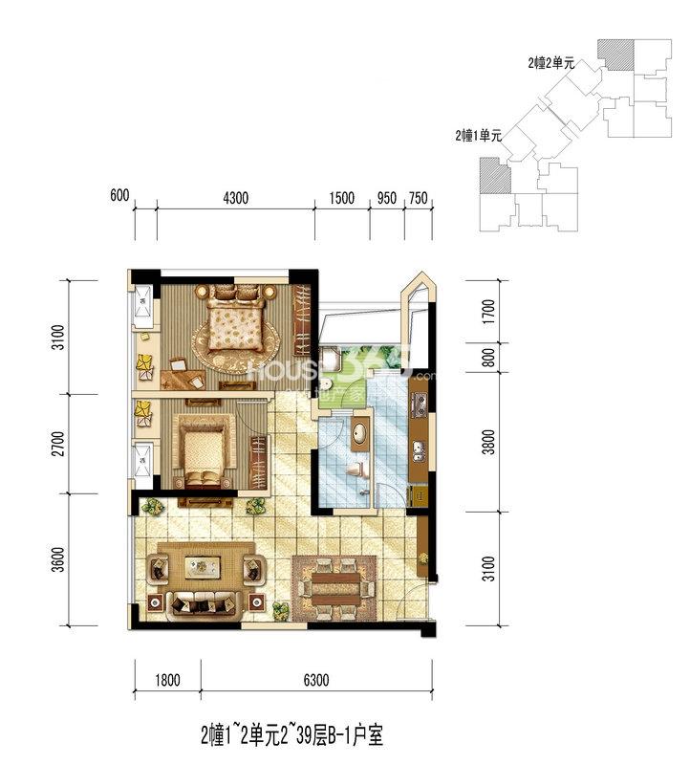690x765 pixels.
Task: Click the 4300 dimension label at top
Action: tap(235, 198)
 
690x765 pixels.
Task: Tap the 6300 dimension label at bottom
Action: tap(316, 680)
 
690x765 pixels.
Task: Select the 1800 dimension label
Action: tap(167, 680)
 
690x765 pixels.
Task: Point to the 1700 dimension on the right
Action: tap(488, 312)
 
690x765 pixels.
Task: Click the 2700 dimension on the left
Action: tap(57, 444)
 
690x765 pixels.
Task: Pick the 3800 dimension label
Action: tap(488, 442)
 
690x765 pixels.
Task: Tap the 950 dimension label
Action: tap(387, 198)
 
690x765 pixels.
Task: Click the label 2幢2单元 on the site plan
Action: tap(551, 63)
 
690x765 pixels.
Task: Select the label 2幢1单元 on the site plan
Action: tap(479, 135)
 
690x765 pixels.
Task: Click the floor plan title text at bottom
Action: tap(292, 735)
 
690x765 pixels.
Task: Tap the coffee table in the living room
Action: tap(203, 567)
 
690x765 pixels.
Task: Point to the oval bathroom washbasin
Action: tap(360, 433)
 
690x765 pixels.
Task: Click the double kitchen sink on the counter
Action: tap(419, 451)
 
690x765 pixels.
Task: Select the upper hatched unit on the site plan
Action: tap(616, 55)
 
